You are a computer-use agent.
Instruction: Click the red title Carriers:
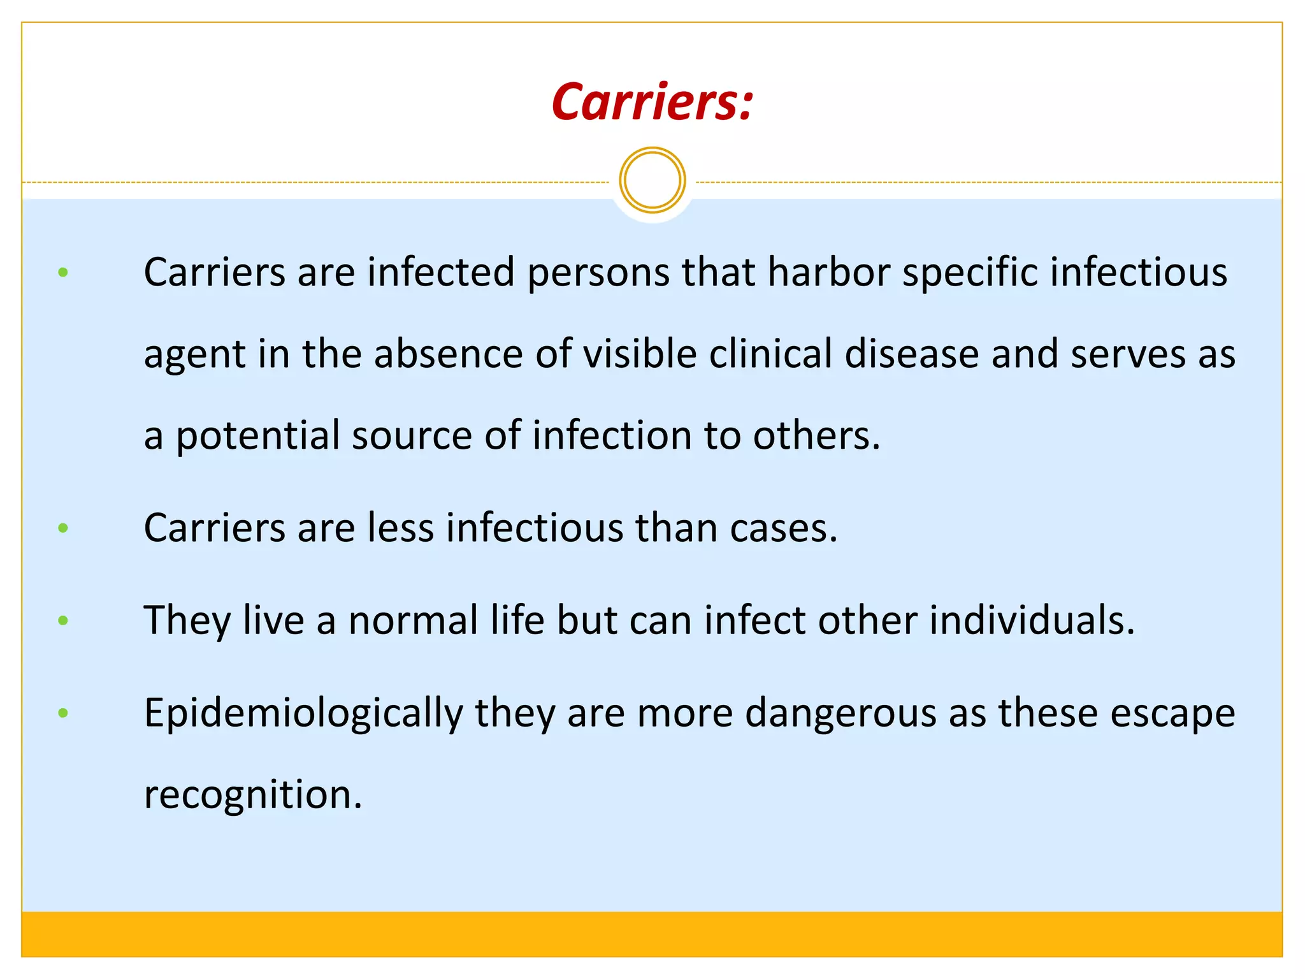652,102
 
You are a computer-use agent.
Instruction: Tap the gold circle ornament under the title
652,180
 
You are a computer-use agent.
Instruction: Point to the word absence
448,354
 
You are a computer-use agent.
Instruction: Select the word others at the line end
816,437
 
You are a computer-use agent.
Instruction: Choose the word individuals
1032,620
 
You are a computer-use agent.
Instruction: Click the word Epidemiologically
303,714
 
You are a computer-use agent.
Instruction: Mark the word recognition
252,795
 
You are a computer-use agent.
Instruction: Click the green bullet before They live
62,620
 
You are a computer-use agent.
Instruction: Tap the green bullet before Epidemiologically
62,713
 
